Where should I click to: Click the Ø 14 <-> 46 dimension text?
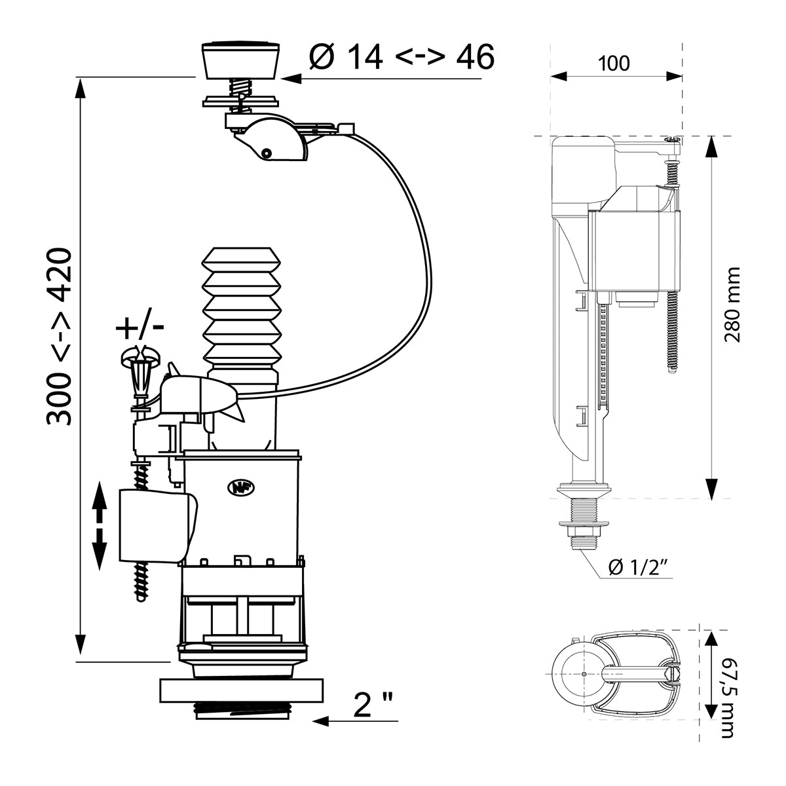point(402,58)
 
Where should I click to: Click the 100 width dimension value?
point(614,64)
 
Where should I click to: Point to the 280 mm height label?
point(732,305)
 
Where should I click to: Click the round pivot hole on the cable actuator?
point(265,153)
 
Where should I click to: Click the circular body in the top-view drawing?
point(580,675)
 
